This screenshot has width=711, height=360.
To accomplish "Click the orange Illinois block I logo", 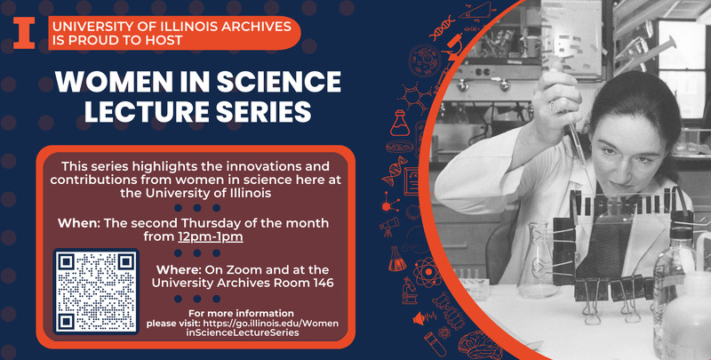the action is pos(24,33).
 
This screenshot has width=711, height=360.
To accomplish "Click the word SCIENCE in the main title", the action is pos(278,82).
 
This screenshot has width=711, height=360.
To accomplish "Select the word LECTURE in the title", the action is pos(144,111).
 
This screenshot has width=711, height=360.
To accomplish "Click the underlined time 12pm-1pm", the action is pos(211,236).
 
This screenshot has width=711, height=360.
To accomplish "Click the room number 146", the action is pos(322,284).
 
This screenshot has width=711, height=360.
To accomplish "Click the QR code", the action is pos(96,292).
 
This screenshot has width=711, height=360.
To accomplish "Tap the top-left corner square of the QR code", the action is pos(66,261).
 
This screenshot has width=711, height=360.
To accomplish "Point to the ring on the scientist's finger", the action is pos(554,106).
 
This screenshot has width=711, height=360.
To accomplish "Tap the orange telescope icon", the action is pos(389,227).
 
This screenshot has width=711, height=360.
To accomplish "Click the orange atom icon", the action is pos(427,272).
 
